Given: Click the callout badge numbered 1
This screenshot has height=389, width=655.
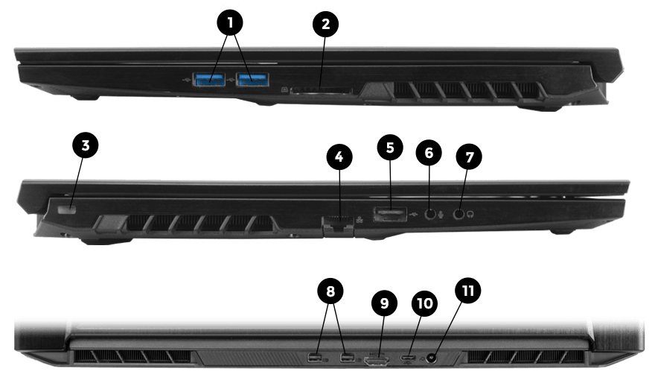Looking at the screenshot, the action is [230, 22].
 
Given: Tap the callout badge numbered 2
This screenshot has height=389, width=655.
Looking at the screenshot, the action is [325, 25].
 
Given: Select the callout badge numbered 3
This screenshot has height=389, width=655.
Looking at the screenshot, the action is [85, 145].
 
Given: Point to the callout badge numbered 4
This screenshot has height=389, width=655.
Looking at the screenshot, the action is [339, 157].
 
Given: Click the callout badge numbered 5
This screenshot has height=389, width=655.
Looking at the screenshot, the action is [390, 148].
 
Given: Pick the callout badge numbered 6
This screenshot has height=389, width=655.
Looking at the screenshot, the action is [429, 153].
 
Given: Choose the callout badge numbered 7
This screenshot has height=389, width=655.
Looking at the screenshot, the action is [469, 157].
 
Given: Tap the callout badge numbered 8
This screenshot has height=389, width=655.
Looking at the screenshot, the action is [330, 291].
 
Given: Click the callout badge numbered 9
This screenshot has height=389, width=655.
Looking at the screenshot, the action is [384, 303].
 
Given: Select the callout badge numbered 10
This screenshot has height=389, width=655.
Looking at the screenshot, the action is [424, 303].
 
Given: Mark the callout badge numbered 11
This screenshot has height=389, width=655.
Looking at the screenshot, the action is [467, 291].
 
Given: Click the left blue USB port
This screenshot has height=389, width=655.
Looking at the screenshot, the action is [209, 79].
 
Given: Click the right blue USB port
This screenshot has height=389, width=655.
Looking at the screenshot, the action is [252, 79].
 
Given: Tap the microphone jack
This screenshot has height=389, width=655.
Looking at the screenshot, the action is [430, 214].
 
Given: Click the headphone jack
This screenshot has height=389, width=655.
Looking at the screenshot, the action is [458, 214].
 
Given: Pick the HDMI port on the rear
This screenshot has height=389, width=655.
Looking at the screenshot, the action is [377, 360].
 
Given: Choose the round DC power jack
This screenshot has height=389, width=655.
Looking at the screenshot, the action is [431, 358].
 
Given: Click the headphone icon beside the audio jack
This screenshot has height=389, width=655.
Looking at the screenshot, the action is [470, 215].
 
